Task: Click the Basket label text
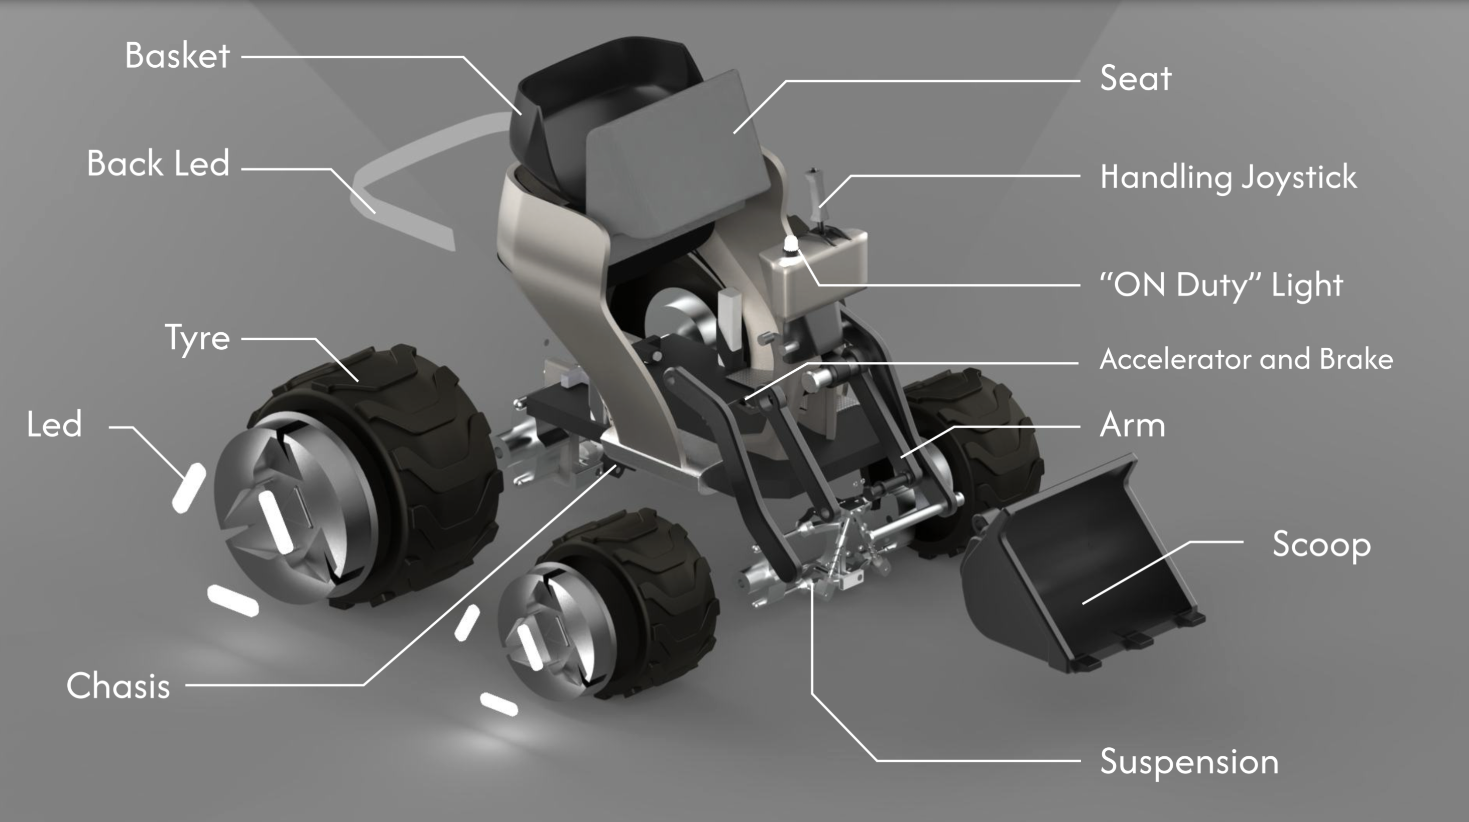[177, 56]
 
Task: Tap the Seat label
[1136, 78]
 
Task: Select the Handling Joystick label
[1229, 177]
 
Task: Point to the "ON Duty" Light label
[1221, 285]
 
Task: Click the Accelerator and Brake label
[1247, 359]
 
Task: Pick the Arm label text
[1133, 425]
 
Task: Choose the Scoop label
[1321, 545]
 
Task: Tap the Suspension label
[1189, 762]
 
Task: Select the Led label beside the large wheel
[54, 424]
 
